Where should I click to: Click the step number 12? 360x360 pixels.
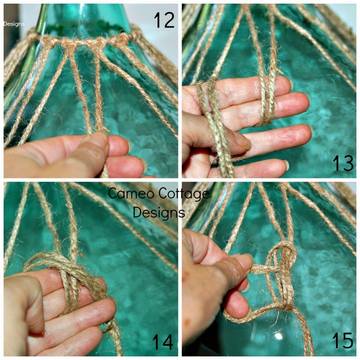(164, 19)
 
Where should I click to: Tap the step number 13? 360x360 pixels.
(343, 163)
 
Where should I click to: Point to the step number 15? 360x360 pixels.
(343, 341)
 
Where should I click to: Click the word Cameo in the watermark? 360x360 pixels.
(128, 194)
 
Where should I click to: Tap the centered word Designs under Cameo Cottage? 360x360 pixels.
(159, 212)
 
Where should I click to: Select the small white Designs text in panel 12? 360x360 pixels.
(14, 24)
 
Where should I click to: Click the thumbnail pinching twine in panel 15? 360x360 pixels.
(246, 260)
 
